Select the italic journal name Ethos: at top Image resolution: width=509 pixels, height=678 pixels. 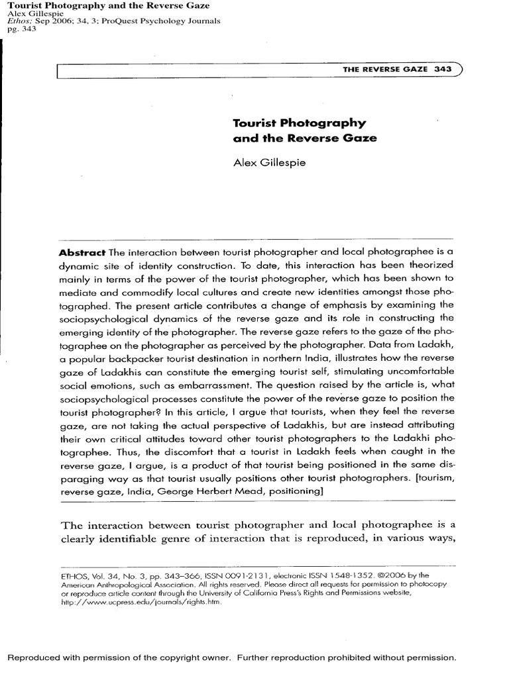[x=21, y=21]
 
